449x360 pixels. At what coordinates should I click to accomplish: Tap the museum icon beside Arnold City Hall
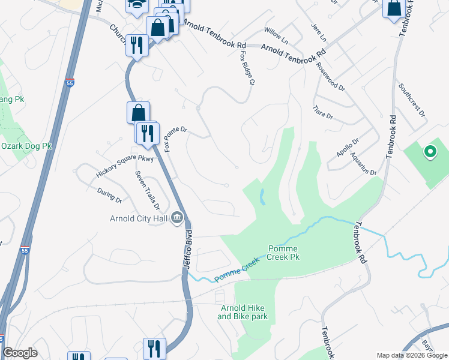click(177, 218)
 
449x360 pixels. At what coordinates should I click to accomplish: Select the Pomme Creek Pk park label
click(283, 253)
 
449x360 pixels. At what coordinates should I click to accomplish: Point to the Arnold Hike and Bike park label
click(243, 312)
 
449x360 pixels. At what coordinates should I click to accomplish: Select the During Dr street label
click(109, 196)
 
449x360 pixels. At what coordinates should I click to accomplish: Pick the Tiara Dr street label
click(322, 112)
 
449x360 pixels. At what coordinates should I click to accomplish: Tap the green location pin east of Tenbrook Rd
click(430, 152)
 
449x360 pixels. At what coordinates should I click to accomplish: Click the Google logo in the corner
click(20, 353)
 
